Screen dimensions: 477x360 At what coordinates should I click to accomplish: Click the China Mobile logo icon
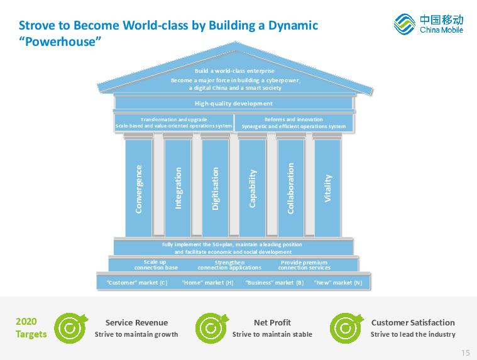click(404, 24)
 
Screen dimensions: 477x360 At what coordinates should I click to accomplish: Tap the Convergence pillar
click(139, 188)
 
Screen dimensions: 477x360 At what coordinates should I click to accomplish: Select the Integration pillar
click(178, 188)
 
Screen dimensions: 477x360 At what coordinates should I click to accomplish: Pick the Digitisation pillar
click(216, 188)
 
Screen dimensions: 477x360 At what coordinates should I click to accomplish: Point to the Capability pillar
click(253, 188)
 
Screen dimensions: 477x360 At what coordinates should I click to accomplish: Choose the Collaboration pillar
click(291, 188)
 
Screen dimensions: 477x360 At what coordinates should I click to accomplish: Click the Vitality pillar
click(327, 188)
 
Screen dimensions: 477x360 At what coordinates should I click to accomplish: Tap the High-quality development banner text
click(234, 104)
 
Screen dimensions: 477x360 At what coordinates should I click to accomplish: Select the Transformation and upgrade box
click(173, 123)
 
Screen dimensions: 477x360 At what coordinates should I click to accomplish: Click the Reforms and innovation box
click(294, 123)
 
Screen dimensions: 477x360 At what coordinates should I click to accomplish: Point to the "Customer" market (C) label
click(137, 283)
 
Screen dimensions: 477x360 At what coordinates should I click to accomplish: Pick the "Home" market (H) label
click(208, 283)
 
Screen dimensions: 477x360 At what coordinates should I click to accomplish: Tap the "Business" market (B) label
click(275, 283)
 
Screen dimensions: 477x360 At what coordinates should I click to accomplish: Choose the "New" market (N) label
click(338, 283)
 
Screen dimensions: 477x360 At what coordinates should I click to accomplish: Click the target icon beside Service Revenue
click(71, 328)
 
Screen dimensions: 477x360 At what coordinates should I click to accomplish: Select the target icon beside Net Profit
click(212, 328)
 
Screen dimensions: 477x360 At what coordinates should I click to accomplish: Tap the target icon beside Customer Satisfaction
click(347, 328)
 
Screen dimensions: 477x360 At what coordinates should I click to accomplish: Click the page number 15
click(466, 352)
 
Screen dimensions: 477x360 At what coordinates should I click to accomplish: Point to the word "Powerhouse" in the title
click(60, 41)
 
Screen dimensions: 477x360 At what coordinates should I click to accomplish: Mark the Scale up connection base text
click(156, 265)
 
